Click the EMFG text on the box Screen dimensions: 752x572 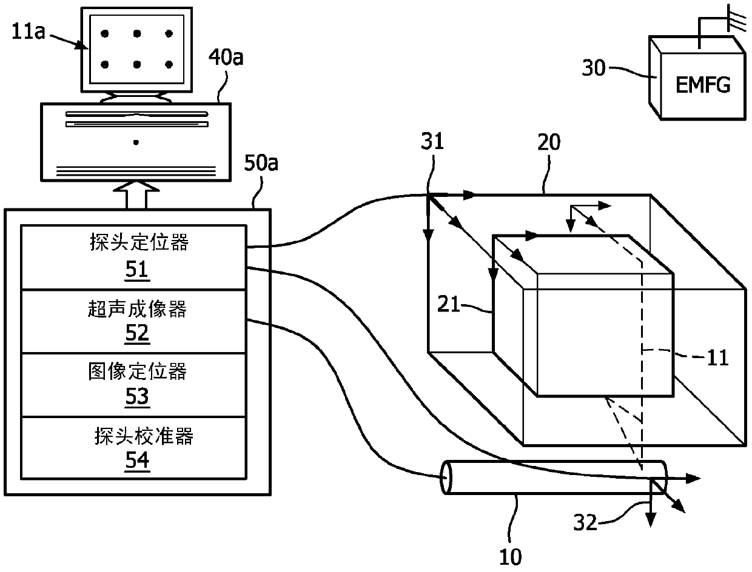tap(703, 85)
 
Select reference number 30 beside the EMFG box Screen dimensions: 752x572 tap(594, 68)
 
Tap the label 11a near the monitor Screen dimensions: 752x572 tap(29, 32)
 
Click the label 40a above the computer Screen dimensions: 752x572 tap(226, 57)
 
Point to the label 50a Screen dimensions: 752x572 tap(261, 163)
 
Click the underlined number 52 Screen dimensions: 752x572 tap(137, 334)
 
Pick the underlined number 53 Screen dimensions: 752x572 tap(137, 397)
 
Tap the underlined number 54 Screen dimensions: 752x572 tap(137, 461)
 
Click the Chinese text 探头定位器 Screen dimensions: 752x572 tap(139, 242)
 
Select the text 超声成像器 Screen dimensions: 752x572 tap(137, 309)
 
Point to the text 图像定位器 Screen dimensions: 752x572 tap(137, 371)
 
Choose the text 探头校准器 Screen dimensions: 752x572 tap(144, 436)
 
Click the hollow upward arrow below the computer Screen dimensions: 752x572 tap(136, 195)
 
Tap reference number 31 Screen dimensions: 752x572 tap(432, 141)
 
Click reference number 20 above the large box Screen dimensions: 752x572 tap(549, 142)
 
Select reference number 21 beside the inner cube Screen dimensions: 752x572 tap(448, 304)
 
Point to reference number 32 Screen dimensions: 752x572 tap(585, 523)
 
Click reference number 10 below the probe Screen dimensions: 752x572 tap(511, 557)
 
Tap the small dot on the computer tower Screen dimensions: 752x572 tap(136, 142)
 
